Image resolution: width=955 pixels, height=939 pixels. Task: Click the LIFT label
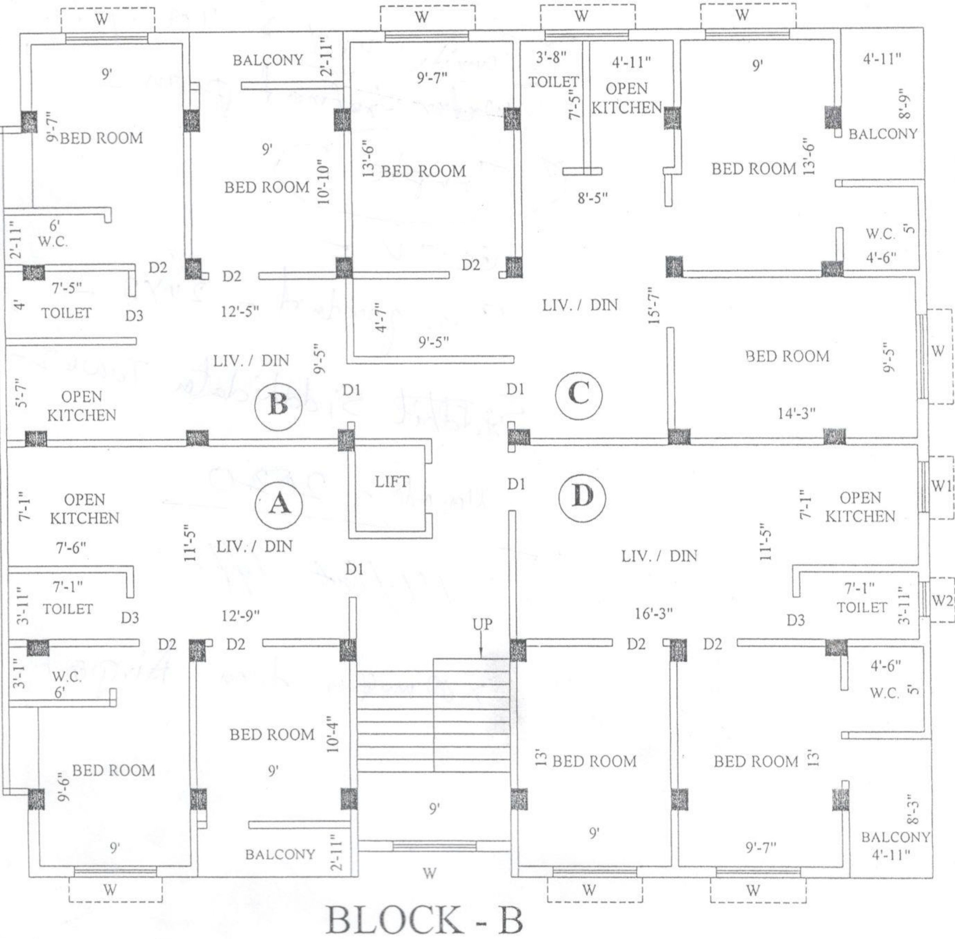391,482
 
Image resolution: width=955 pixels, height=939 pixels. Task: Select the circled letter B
278,406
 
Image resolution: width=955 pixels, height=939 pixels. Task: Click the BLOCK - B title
424,920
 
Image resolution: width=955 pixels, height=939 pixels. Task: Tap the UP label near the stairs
482,624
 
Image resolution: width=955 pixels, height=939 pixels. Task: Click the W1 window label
941,486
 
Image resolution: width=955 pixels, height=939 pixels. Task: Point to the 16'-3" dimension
654,614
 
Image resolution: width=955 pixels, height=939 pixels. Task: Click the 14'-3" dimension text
797,414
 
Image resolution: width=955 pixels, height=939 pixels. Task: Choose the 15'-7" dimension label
654,306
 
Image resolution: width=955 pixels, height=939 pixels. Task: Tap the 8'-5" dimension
592,198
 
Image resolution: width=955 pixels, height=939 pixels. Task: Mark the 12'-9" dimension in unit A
240,616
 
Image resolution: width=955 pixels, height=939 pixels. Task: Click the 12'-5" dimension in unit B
240,312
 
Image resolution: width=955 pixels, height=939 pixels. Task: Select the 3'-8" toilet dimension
551,57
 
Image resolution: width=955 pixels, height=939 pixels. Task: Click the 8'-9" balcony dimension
903,103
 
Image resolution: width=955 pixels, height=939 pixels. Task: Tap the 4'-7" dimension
379,317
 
